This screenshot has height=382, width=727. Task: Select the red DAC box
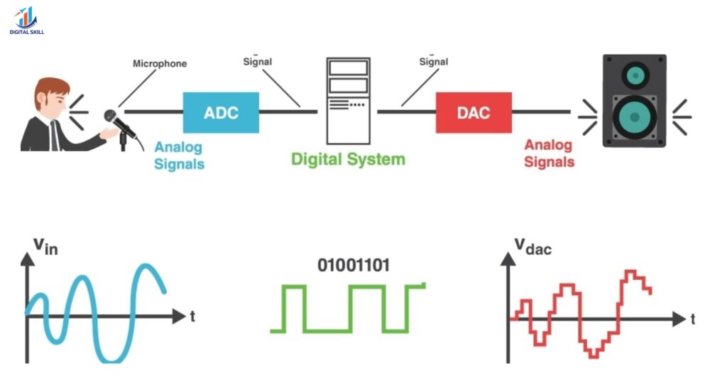pyautogui.click(x=473, y=112)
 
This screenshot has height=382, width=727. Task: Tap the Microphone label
pyautogui.click(x=160, y=64)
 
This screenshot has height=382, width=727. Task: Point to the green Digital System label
pyautogui.click(x=348, y=159)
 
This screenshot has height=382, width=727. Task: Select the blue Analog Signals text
pyautogui.click(x=179, y=155)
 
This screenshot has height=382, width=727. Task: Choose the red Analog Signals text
pyautogui.click(x=549, y=153)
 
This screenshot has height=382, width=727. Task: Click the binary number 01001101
pyautogui.click(x=348, y=266)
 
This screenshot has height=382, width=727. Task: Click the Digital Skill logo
pyautogui.click(x=26, y=20)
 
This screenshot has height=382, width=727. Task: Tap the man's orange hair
pyautogui.click(x=52, y=89)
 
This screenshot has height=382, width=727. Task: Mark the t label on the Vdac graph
pyautogui.click(x=693, y=319)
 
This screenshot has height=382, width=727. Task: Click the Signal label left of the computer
pyautogui.click(x=258, y=62)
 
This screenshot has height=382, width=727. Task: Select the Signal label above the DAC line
pyautogui.click(x=433, y=62)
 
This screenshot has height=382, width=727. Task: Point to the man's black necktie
pyautogui.click(x=54, y=135)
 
